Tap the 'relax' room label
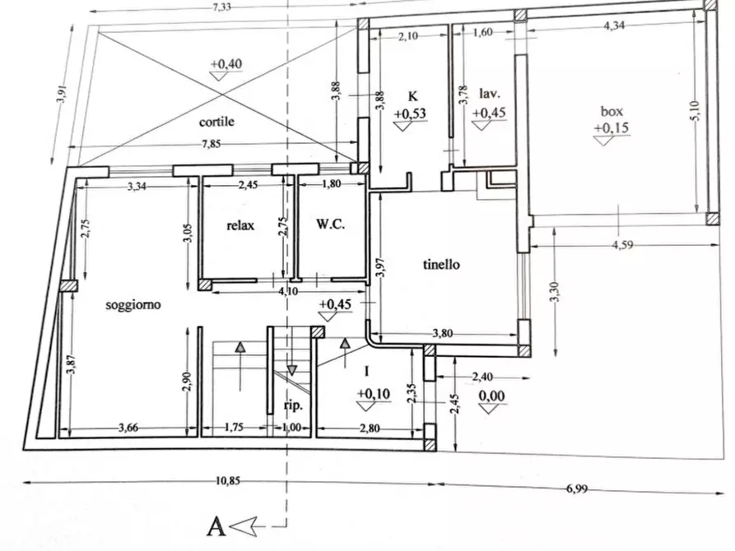click(241, 225)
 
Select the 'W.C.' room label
click(328, 225)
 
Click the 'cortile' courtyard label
click(216, 122)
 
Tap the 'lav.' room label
click(490, 95)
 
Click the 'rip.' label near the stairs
click(294, 405)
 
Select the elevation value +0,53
click(409, 113)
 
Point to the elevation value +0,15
click(610, 127)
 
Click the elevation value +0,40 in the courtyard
click(226, 63)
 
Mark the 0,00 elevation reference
click(491, 396)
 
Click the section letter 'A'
click(215, 525)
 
